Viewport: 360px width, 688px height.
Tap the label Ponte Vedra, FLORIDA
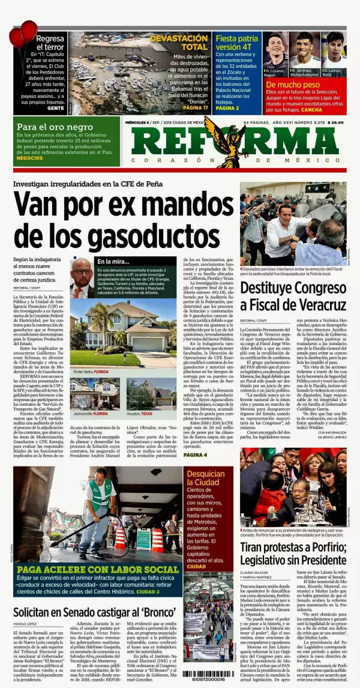(91, 372)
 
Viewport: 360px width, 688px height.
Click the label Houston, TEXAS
(139, 414)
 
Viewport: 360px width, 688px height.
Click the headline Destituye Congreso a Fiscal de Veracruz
(292, 297)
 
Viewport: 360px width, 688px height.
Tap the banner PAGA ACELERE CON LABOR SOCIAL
(98, 569)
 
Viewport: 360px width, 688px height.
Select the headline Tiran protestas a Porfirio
(293, 553)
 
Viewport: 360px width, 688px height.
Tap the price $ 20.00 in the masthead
(335, 123)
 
